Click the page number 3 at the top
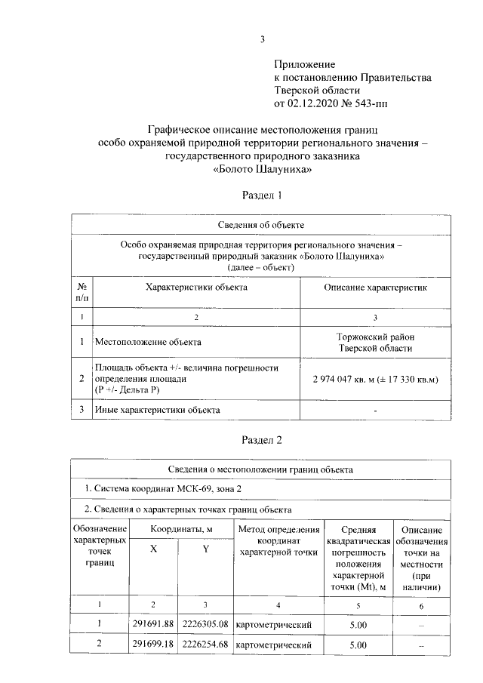click(x=263, y=40)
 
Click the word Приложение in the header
click(x=303, y=66)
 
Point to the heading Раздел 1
click(x=261, y=195)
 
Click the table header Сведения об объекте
click(x=261, y=224)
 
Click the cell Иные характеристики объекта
click(x=157, y=410)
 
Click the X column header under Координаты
click(x=153, y=549)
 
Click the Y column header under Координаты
click(x=205, y=549)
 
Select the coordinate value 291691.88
click(x=153, y=623)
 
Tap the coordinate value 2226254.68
click(x=205, y=645)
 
